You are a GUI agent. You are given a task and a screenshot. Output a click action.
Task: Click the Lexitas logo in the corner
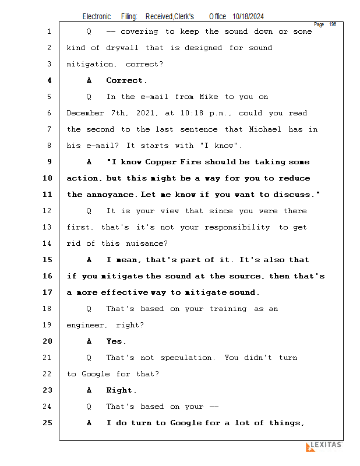click(324, 446)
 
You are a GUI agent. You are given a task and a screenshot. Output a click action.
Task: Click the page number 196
click(333, 24)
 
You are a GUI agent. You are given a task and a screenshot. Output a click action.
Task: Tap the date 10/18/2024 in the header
click(248, 17)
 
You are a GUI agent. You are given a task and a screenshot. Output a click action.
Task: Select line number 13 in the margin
click(47, 227)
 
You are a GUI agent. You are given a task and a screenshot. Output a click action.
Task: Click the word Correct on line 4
click(125, 80)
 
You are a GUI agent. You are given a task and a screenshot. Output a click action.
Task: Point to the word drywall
click(122, 48)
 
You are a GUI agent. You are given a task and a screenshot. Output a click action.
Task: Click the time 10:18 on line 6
click(192, 113)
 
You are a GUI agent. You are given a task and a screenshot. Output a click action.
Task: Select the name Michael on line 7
click(265, 129)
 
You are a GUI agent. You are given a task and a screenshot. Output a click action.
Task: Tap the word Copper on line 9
click(161, 162)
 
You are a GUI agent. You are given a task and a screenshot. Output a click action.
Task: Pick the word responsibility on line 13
click(237, 227)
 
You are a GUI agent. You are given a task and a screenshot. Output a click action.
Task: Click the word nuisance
click(147, 243)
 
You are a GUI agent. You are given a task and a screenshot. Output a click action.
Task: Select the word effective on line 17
click(124, 292)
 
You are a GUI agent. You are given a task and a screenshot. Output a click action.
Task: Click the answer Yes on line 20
click(114, 341)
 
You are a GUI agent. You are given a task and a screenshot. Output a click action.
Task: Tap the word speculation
click(186, 358)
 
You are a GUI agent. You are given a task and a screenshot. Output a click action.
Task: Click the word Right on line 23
click(119, 390)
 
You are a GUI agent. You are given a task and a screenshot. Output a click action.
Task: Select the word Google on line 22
click(96, 374)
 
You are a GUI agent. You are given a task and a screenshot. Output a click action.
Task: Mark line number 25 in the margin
click(47, 423)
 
